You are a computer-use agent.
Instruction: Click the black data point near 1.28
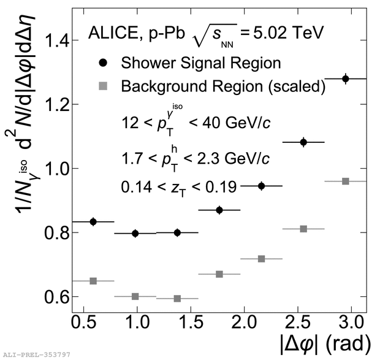[x=345, y=79]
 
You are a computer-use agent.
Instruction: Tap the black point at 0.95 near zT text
[x=262, y=186]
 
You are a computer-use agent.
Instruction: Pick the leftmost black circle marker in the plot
[x=93, y=221]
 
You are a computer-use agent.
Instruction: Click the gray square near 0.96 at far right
[x=345, y=181]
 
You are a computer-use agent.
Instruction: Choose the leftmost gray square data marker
[x=93, y=281]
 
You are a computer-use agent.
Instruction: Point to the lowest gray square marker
[x=177, y=299]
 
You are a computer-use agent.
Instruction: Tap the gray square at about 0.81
[x=303, y=229]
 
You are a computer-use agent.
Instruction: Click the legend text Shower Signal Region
[x=201, y=63]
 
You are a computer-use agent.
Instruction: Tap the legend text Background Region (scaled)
[x=222, y=87]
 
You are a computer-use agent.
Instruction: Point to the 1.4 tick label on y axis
[x=53, y=41]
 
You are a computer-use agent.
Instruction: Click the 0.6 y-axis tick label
[x=53, y=297]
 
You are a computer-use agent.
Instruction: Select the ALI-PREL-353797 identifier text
[x=36, y=354]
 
